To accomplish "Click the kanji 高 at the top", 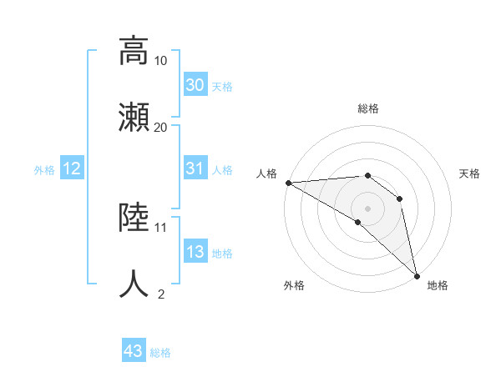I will (134, 51).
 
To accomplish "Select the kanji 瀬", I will (134, 116).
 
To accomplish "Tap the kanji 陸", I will (134, 218).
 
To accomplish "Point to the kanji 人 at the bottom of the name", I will (134, 283).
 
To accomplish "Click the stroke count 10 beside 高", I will (161, 61).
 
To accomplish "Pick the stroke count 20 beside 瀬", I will (161, 127).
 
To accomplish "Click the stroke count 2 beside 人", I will (161, 294).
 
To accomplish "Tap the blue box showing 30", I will (195, 85).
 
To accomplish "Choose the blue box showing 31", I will (195, 168).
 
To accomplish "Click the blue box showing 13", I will (195, 252).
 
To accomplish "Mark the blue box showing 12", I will (72, 168).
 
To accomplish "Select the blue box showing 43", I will (134, 351).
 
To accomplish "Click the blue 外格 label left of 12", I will (44, 169).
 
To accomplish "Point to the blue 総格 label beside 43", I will (160, 353).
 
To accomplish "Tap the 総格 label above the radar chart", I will (368, 109).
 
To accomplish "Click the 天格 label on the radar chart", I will (470, 173).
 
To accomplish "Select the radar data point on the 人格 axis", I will (288, 183).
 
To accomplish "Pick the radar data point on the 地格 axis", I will (417, 274).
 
